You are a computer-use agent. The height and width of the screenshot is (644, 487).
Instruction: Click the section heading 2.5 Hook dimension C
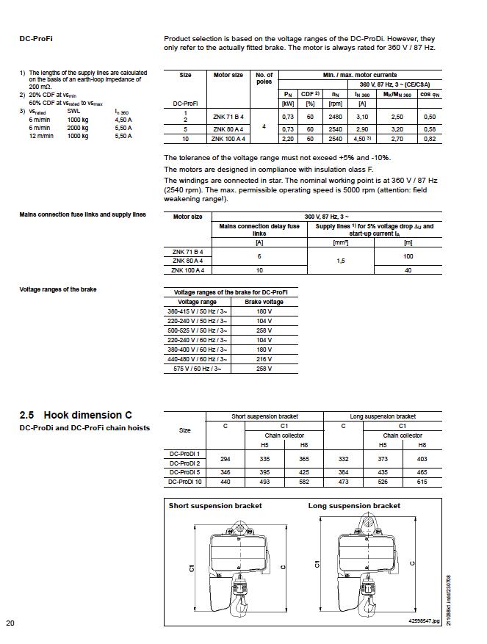click(76, 416)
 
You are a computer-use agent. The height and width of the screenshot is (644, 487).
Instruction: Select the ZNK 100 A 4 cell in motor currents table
click(228, 138)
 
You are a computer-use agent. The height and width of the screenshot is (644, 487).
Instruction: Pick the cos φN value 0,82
click(429, 138)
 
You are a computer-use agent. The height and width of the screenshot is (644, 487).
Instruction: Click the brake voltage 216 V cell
click(253, 360)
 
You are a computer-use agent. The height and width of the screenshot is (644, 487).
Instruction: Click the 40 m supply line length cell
click(408, 270)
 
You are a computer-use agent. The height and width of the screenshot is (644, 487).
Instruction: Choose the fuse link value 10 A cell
click(259, 270)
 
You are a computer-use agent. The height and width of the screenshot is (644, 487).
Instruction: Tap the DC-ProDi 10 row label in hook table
click(184, 482)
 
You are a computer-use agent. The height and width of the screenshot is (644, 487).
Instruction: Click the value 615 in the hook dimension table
click(422, 482)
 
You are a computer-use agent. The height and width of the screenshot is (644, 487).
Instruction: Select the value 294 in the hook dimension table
click(225, 458)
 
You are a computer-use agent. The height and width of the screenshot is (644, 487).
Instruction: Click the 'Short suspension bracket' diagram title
click(215, 506)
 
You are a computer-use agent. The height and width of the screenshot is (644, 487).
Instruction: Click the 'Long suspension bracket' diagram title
click(354, 506)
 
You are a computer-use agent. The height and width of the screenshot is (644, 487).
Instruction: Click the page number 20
click(10, 623)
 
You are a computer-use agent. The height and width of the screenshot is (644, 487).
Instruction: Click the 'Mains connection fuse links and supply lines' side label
click(82, 215)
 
